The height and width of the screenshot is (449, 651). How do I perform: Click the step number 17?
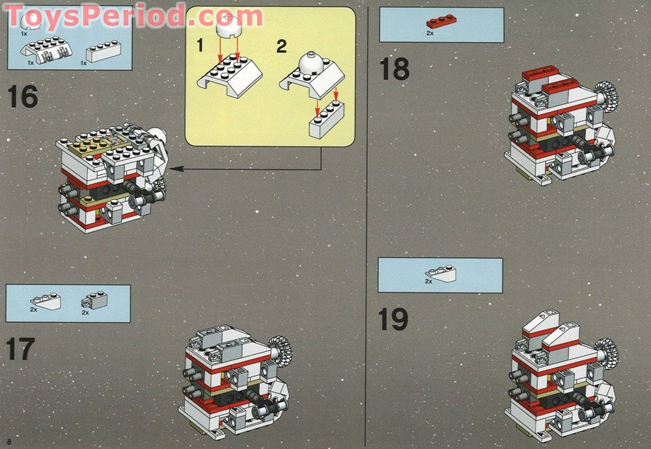(20, 349)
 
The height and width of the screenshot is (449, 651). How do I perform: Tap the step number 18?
(395, 68)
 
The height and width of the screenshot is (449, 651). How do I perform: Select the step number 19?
(393, 319)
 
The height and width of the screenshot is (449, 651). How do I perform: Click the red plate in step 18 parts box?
(441, 21)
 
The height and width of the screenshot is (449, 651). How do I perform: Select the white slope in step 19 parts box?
(441, 274)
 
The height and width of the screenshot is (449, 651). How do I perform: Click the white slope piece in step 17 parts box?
(45, 301)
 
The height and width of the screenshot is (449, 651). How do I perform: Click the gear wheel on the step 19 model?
(606, 353)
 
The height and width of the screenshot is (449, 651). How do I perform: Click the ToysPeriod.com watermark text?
(133, 15)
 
